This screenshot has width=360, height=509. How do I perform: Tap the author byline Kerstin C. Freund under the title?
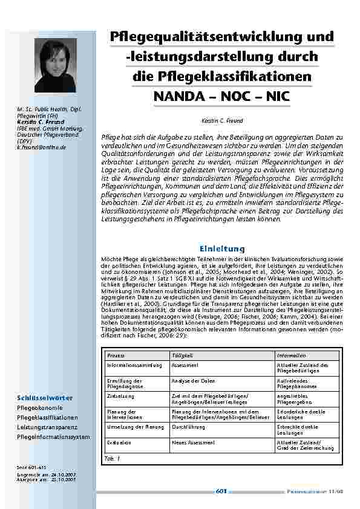tap(221, 121)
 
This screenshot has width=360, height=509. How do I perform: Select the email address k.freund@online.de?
tap(42, 148)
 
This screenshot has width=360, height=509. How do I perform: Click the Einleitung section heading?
tap(221, 248)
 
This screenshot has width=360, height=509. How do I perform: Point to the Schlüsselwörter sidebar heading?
tap(45, 398)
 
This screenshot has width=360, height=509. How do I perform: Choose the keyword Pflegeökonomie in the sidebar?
tap(38, 408)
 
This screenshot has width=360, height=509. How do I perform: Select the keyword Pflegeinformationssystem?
tap(53, 436)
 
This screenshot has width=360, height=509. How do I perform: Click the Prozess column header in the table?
tap(116, 355)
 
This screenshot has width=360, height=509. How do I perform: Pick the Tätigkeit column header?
tap(182, 355)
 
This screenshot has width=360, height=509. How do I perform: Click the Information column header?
tap(292, 355)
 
